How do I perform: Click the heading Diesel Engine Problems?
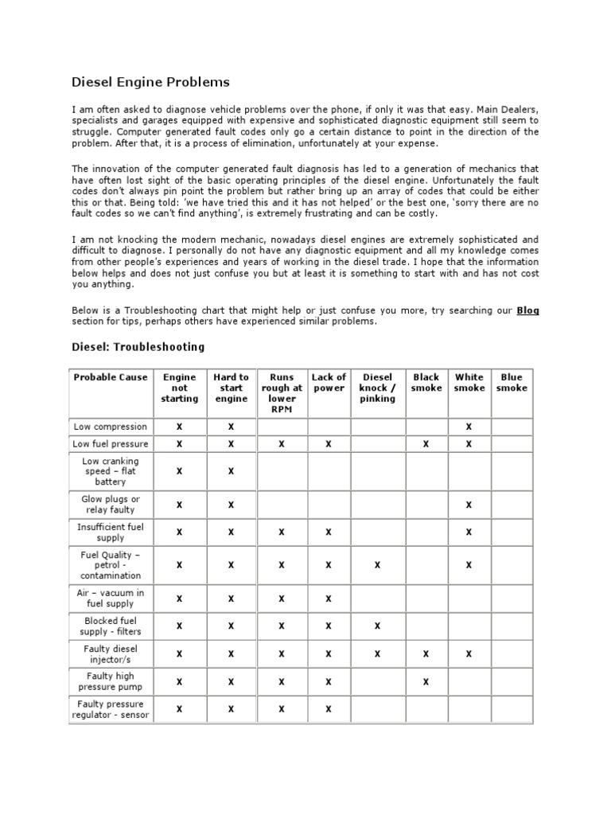coord(150,82)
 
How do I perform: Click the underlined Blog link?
coord(527,310)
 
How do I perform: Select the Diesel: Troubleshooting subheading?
coord(138,347)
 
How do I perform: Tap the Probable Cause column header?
coord(111,377)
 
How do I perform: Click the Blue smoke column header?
coord(512,383)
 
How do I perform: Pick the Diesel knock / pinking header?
coord(377,388)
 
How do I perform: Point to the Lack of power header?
coord(329,383)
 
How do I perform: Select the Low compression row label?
coord(111,427)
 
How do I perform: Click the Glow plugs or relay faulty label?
coord(111,505)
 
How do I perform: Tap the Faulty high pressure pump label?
coord(111,682)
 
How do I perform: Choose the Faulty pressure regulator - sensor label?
coord(111,709)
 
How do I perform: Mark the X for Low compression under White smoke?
coord(469,427)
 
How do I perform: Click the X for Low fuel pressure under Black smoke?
coord(426,444)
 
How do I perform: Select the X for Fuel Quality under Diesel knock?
coord(377,565)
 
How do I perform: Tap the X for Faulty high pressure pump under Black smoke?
coord(426,682)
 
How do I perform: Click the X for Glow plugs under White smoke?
coord(469,505)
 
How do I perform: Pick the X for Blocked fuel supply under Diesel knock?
coord(377,626)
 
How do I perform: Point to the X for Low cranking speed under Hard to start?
coord(231,471)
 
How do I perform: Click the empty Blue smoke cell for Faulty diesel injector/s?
coord(512,654)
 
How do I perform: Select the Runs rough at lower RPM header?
coord(282,393)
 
